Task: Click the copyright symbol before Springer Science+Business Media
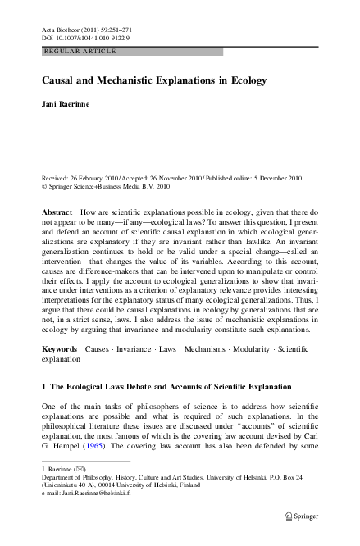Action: (x=44, y=187)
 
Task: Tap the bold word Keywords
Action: (x=60, y=372)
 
